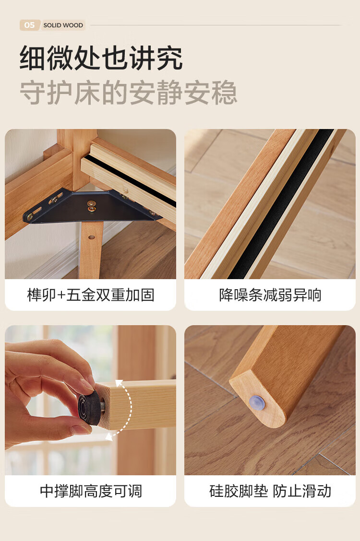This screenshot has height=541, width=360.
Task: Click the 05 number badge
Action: coord(30,25)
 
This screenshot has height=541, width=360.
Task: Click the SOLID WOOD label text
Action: coord(63,25)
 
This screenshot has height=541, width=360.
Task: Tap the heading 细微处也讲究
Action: coord(101,58)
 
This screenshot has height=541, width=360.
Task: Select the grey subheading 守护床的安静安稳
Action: coord(128,93)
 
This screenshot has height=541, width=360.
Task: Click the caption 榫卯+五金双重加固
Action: coord(90,295)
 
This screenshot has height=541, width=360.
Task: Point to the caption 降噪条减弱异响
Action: coord(270,295)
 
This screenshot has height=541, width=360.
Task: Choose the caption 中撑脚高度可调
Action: coord(91,491)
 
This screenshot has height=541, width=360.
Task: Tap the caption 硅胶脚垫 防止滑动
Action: coord(270,491)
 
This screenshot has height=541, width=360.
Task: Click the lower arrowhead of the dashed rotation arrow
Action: coord(109,437)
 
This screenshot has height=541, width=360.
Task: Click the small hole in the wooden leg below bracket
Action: coord(92,237)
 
